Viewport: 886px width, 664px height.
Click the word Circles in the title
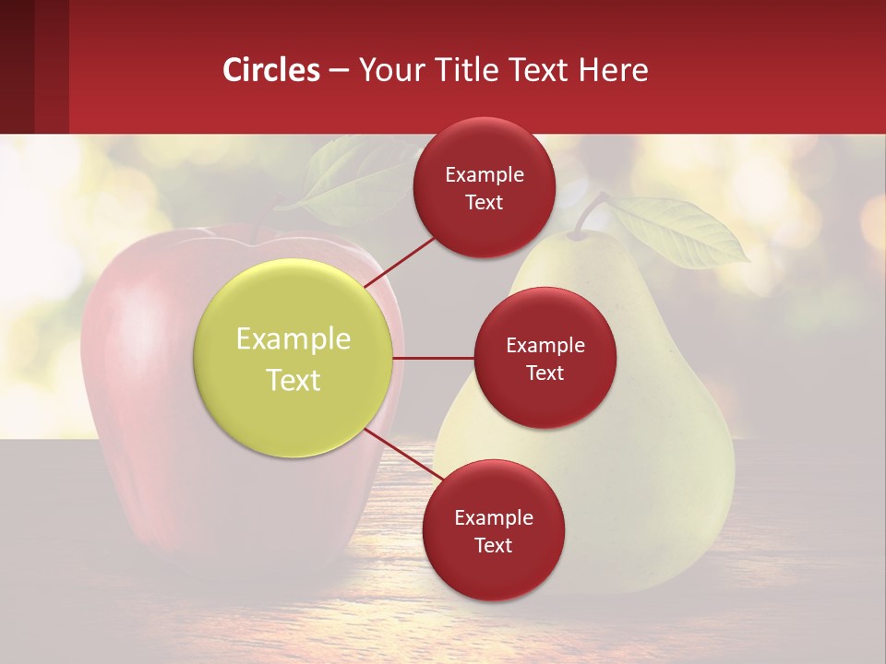tap(271, 70)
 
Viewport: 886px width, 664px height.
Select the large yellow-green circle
tap(293, 358)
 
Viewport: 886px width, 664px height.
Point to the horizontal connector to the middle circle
tap(433, 358)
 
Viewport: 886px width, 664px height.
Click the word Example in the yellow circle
tap(293, 339)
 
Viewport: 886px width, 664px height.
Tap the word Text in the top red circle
tap(484, 203)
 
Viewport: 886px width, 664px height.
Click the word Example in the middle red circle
tap(545, 346)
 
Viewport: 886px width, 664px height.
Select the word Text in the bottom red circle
tap(493, 545)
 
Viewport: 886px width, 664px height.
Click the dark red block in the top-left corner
tap(34, 66)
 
